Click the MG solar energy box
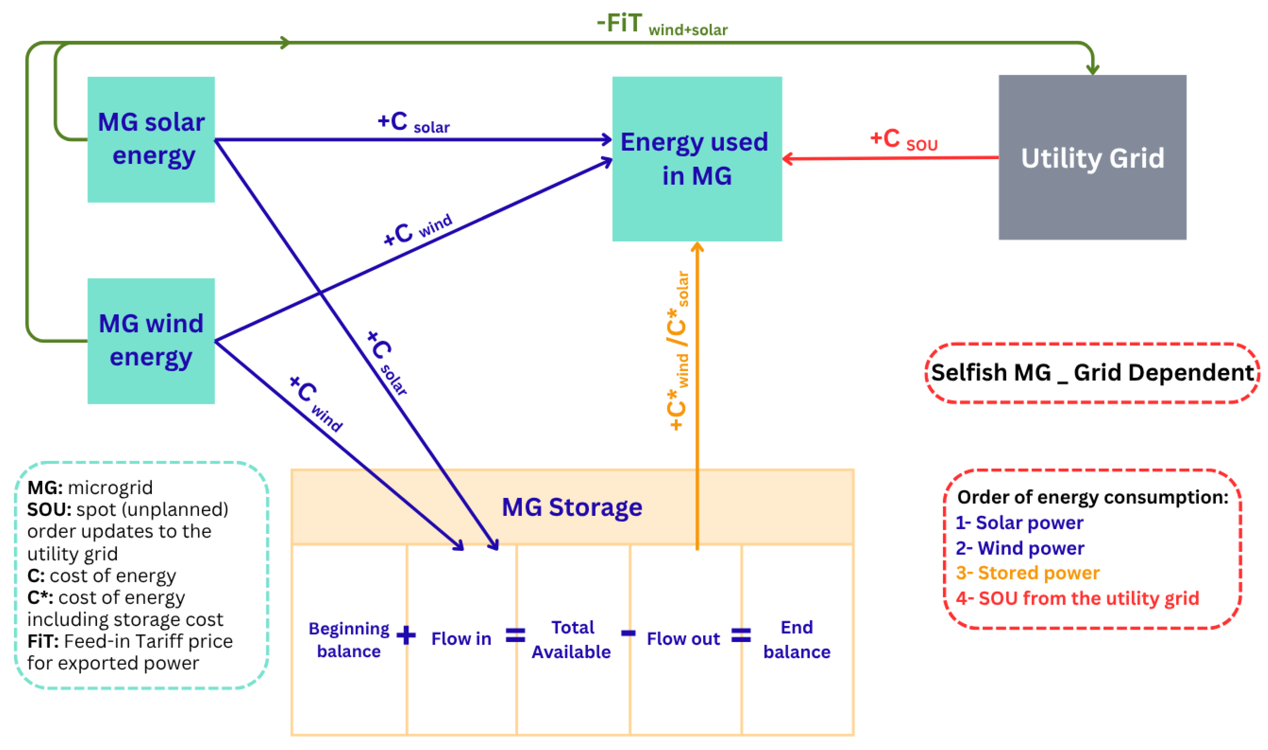(x=151, y=140)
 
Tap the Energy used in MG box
(x=697, y=159)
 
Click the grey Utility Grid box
(x=1092, y=158)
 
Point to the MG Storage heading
(x=572, y=507)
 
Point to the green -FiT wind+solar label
(x=661, y=24)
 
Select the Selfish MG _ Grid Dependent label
(x=1092, y=373)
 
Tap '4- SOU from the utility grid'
(x=1077, y=598)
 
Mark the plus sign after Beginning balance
(x=406, y=635)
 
